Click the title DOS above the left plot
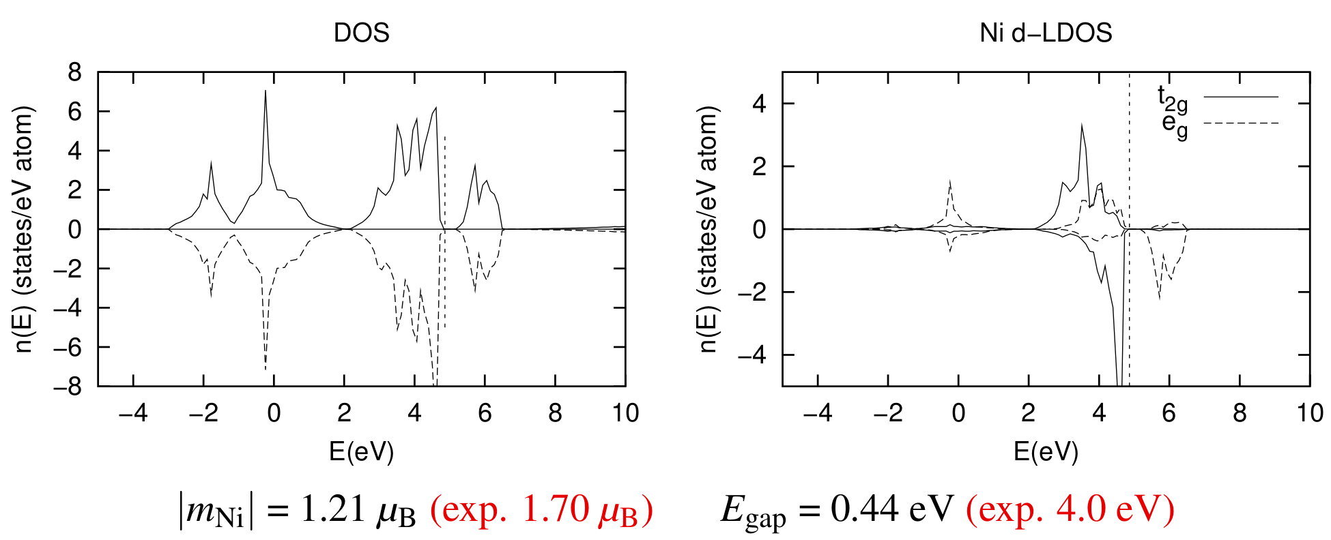pyautogui.click(x=361, y=33)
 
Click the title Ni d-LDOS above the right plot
pyautogui.click(x=1046, y=33)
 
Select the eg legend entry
pyautogui.click(x=1175, y=125)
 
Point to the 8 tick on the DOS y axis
pyautogui.click(x=74, y=72)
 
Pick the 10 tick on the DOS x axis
pyautogui.click(x=625, y=413)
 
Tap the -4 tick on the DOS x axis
pyautogui.click(x=133, y=413)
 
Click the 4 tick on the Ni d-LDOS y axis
pyautogui.click(x=759, y=104)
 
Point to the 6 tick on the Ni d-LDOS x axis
pyautogui.click(x=1169, y=413)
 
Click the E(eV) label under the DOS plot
pyautogui.click(x=361, y=451)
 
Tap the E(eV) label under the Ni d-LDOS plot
pyautogui.click(x=1046, y=451)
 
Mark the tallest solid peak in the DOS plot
pyautogui.click(x=266, y=92)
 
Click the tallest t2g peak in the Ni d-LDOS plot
pyautogui.click(x=1081, y=125)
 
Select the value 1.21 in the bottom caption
pyautogui.click(x=334, y=509)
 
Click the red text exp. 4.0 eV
pyautogui.click(x=1070, y=509)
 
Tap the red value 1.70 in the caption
pyautogui.click(x=556, y=509)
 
